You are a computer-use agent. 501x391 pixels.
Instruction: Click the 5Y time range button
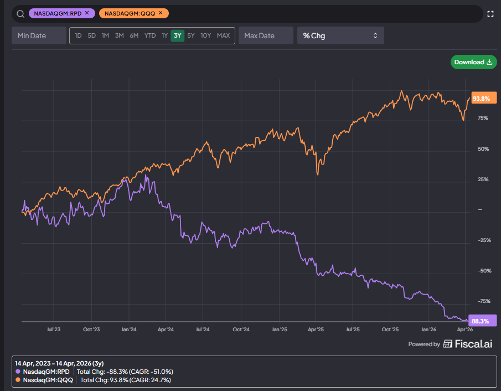(x=191, y=35)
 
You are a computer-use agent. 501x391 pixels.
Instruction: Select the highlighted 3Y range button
(x=177, y=35)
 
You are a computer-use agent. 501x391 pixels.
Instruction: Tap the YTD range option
(x=150, y=35)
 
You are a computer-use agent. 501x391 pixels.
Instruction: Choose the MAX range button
(x=223, y=35)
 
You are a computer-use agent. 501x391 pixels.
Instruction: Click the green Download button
(x=473, y=62)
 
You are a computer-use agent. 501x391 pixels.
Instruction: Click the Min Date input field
(x=39, y=35)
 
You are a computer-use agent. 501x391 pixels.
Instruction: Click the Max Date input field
(x=266, y=35)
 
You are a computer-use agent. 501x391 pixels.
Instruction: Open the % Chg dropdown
(x=340, y=35)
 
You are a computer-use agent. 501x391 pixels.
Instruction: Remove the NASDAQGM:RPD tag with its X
(x=87, y=13)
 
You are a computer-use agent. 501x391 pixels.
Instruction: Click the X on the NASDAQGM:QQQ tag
(x=161, y=13)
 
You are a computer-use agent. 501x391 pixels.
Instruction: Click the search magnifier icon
(x=20, y=14)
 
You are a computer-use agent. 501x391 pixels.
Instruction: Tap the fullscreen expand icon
(x=490, y=14)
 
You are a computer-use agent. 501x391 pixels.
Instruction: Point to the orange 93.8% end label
(x=484, y=98)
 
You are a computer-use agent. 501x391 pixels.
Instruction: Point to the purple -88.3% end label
(x=483, y=321)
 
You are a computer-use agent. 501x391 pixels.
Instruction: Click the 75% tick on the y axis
(x=483, y=118)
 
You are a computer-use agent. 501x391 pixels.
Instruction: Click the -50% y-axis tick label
(x=484, y=271)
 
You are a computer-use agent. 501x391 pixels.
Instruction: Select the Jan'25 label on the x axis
(x=279, y=330)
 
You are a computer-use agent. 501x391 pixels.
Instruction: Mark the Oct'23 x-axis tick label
(x=91, y=330)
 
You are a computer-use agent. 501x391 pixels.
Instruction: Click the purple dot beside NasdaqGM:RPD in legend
(x=18, y=372)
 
